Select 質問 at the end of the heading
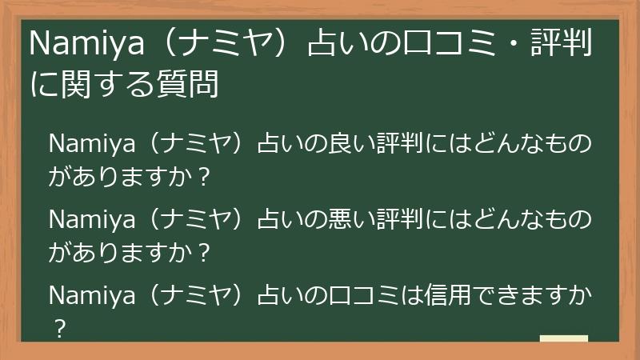coord(192,82)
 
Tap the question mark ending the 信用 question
coord(57,328)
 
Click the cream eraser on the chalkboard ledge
coord(563,338)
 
